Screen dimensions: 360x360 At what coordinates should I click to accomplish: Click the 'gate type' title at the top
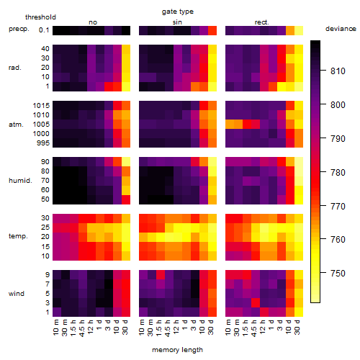pyautogui.click(x=178, y=12)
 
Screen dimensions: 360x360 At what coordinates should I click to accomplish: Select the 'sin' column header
pyautogui.click(x=177, y=22)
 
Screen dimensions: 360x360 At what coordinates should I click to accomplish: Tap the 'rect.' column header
pyautogui.click(x=262, y=22)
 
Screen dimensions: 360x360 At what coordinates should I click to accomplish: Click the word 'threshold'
pyautogui.click(x=40, y=17)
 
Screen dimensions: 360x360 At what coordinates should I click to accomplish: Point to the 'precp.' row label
pyautogui.click(x=19, y=29)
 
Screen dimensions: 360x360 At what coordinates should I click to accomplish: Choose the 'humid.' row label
pyautogui.click(x=20, y=181)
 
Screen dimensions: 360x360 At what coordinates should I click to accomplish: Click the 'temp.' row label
pyautogui.click(x=18, y=236)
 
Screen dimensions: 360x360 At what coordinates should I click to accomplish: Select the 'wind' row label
pyautogui.click(x=17, y=294)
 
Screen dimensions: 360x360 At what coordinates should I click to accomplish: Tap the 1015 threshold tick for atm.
pyautogui.click(x=41, y=106)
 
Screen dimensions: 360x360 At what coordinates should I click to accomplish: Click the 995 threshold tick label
pyautogui.click(x=43, y=143)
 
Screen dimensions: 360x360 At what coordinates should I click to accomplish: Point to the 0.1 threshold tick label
pyautogui.click(x=44, y=30)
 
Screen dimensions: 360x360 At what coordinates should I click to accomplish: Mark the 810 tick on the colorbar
pyautogui.click(x=338, y=71)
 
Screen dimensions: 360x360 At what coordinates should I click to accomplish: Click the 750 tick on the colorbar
pyautogui.click(x=338, y=274)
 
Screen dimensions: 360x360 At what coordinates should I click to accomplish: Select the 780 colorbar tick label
pyautogui.click(x=338, y=173)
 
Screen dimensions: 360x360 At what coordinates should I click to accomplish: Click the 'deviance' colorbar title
pyautogui.click(x=341, y=29)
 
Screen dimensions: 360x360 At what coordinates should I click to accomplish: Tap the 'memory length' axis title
pyautogui.click(x=177, y=350)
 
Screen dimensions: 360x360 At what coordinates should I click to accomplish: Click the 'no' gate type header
pyautogui.click(x=93, y=22)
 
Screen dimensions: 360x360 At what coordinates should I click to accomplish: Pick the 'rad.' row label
pyautogui.click(x=15, y=68)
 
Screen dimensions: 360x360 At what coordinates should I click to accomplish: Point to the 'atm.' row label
pyautogui.click(x=16, y=125)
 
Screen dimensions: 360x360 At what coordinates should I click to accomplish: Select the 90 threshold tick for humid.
pyautogui.click(x=45, y=162)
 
